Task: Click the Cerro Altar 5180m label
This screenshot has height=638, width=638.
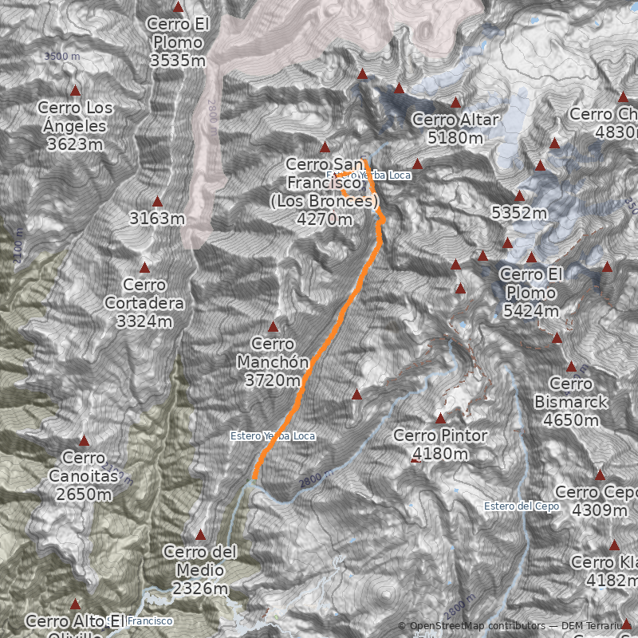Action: (455, 128)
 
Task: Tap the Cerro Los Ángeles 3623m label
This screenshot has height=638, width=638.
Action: (76, 126)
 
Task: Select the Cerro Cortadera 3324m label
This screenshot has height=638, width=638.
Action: (144, 303)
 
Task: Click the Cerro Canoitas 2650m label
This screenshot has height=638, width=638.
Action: (84, 476)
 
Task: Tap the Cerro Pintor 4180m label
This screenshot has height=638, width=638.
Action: (439, 445)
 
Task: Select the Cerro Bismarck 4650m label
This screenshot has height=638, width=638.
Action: (571, 402)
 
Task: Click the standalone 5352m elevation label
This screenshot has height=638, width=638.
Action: (519, 213)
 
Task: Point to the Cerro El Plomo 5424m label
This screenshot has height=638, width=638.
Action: (531, 293)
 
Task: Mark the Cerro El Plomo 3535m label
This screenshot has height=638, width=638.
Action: (178, 41)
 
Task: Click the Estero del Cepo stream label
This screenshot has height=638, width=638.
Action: (521, 506)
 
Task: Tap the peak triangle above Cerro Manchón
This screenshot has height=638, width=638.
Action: (273, 327)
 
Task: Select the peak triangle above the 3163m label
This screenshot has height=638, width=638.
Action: (157, 202)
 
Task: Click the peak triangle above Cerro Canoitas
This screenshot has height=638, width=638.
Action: (84, 441)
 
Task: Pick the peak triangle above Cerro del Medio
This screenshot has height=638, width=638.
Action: (200, 535)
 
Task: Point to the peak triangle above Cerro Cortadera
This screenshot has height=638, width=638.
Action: (144, 267)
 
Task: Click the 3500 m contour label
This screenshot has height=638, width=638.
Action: (62, 57)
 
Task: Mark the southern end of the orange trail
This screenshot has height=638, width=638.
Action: (254, 478)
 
